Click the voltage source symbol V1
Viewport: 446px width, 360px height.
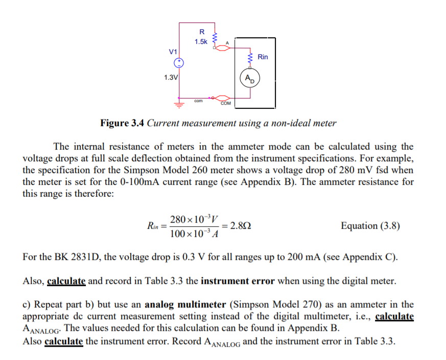(x=179, y=63)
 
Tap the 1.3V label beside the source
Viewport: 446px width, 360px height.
(x=171, y=78)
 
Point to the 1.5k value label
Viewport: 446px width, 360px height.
(x=201, y=41)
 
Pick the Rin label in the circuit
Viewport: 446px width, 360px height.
(x=263, y=57)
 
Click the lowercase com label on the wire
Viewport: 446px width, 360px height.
(x=199, y=101)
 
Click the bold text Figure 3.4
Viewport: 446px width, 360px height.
(x=123, y=123)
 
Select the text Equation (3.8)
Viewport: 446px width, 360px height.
(x=370, y=225)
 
